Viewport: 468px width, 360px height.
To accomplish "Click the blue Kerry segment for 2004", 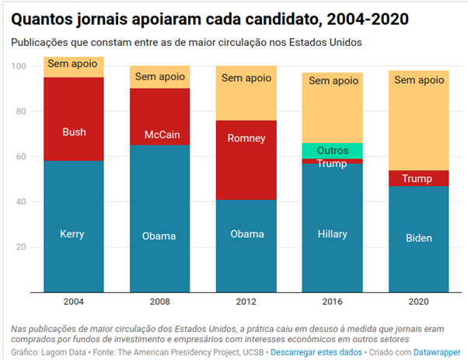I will click(73, 225).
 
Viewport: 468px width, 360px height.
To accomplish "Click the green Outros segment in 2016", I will click(333, 150).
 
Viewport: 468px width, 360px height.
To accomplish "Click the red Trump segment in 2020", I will click(419, 179).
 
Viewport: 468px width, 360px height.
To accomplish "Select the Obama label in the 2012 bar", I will click(246, 234).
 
